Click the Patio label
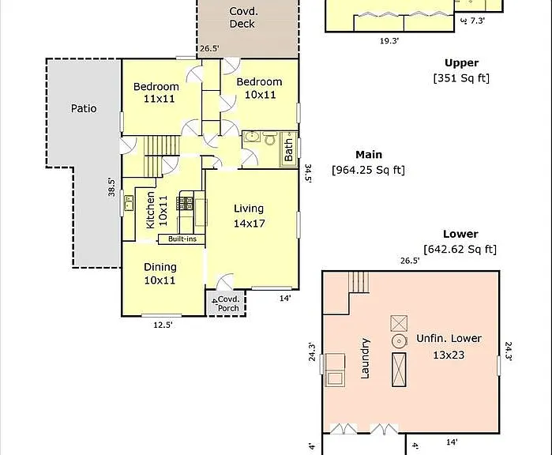click(84, 108)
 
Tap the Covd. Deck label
click(243, 17)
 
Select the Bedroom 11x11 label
click(156, 92)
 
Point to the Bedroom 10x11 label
click(260, 88)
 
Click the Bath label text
click(288, 149)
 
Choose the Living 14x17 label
click(249, 216)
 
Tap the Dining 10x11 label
click(160, 273)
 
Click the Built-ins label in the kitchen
click(182, 239)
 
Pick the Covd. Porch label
click(228, 303)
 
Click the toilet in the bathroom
click(270, 138)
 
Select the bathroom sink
click(252, 137)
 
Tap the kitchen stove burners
click(186, 203)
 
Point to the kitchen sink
click(129, 203)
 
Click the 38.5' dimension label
click(111, 187)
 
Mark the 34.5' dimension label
click(308, 174)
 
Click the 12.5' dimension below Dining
click(163, 325)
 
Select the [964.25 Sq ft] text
click(368, 170)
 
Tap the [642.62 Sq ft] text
click(460, 250)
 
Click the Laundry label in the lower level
click(365, 359)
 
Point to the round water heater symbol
click(400, 341)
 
